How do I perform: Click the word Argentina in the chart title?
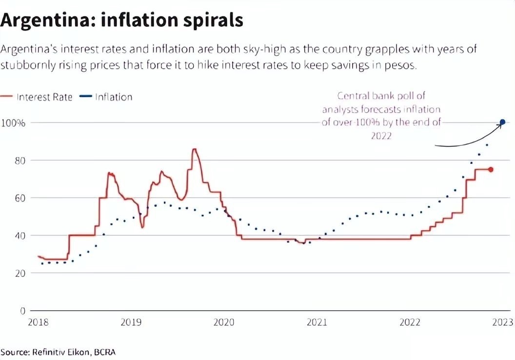point(48,20)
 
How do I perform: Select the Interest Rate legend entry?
point(44,97)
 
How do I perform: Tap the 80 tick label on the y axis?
point(19,160)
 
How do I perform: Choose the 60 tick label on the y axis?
point(19,198)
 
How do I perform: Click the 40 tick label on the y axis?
point(19,236)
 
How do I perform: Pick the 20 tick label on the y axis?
point(19,273)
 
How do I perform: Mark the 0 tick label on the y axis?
point(22,311)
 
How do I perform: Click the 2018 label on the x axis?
point(39,322)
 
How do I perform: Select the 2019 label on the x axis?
point(131,322)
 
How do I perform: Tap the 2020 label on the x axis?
point(224,322)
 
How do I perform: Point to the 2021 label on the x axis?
point(317,322)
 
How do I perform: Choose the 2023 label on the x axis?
point(502,322)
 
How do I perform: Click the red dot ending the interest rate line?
point(491,169)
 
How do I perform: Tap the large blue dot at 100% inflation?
point(502,122)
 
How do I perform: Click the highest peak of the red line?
point(194,149)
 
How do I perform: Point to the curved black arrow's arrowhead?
point(499,125)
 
